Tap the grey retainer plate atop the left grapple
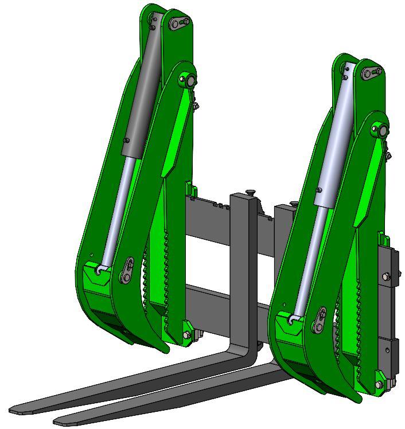pyautogui.click(x=180, y=22)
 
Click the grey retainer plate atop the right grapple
pyautogui.click(x=372, y=72)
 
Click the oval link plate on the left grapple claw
pyautogui.click(x=127, y=270)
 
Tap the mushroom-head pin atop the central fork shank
pyautogui.click(x=250, y=193)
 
